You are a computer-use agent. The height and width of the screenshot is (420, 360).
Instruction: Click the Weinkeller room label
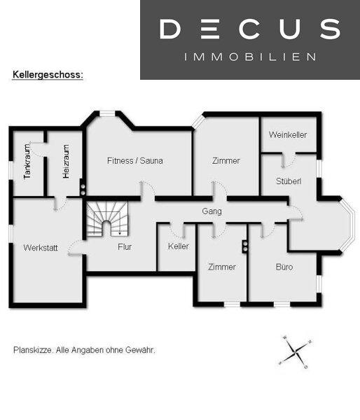pos(288,134)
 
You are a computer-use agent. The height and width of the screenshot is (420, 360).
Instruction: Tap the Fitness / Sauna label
pos(135,161)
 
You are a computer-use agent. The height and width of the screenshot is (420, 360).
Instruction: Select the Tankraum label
pos(27,162)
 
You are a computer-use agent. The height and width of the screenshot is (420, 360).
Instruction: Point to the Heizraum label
pos(66,162)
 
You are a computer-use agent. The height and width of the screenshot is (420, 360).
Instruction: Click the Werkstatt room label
pos(41,248)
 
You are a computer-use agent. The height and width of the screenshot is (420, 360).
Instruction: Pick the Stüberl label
pos(289,181)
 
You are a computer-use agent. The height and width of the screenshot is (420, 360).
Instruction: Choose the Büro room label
pos(284,267)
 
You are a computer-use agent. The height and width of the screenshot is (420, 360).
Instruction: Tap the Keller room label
pos(179,246)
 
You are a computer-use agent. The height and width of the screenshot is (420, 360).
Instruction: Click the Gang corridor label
pos(212,211)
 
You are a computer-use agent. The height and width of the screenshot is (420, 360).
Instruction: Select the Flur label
pos(125,247)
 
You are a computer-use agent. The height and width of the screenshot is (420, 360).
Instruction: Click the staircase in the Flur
pos(107,219)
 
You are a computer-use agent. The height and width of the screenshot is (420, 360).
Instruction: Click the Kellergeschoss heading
pos(48,74)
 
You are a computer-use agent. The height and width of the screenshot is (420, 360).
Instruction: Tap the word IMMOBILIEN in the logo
pos(250,57)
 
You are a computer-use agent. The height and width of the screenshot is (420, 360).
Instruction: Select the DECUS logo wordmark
pos(250,29)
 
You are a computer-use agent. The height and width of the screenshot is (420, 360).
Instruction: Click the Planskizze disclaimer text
pos(84,350)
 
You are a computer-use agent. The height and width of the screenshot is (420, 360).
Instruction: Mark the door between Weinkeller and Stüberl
pos(289,160)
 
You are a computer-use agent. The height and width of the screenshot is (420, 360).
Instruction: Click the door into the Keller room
pos(176,230)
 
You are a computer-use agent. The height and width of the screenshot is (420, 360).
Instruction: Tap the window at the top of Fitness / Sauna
pos(107,114)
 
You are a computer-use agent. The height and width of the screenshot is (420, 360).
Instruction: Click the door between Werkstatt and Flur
pos(76,247)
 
